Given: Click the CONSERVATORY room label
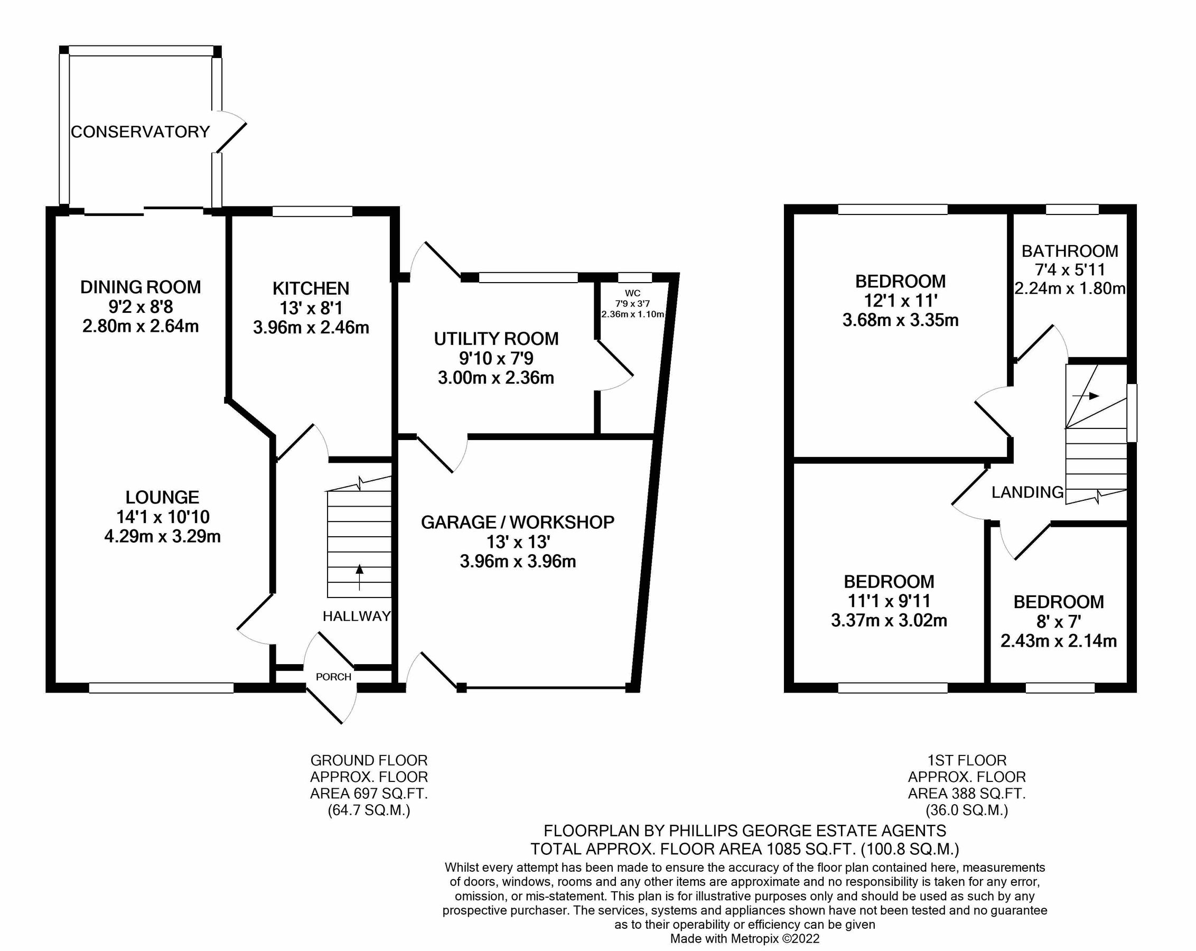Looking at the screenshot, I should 141,132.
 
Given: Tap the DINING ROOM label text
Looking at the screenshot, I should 141,287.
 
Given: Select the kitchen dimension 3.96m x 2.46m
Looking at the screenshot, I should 311,328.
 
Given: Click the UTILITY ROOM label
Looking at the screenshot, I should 496,339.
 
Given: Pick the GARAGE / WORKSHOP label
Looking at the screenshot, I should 517,522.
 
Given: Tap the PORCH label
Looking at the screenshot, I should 333,677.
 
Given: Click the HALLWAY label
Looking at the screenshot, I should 357,616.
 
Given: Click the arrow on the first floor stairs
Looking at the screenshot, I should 1086,396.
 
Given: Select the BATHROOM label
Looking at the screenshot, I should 1070,251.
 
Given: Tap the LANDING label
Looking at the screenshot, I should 1027,492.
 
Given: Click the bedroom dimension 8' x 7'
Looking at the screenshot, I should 1059,622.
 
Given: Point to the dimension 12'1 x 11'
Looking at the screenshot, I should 900,301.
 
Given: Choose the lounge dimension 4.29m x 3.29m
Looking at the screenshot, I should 163,537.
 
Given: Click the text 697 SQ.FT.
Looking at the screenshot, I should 380,794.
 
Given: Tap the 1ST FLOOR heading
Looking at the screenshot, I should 966,760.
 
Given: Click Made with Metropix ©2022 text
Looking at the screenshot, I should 744,939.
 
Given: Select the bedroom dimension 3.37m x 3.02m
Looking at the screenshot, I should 889,620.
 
